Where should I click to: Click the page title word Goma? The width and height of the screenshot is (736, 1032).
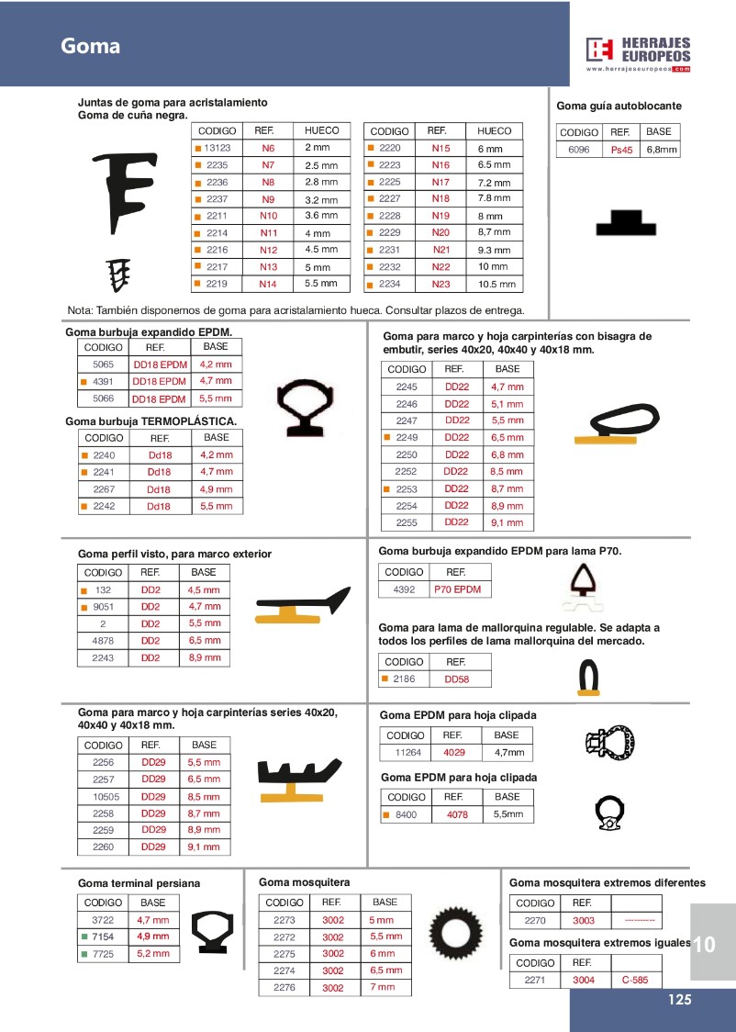coord(91,46)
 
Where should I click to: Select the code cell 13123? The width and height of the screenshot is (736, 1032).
coord(217,148)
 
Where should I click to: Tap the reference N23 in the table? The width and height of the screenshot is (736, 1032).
coord(440,285)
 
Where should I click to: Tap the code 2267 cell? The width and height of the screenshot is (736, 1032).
coord(104,489)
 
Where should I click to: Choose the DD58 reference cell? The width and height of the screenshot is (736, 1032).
coord(456,679)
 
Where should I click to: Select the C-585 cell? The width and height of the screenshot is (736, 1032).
coord(634,980)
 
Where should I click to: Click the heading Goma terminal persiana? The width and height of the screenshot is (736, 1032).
coord(139,883)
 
